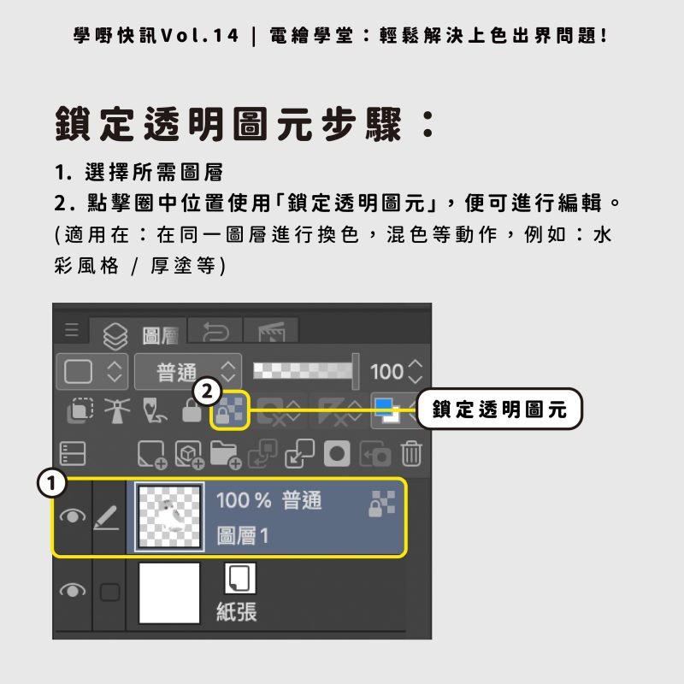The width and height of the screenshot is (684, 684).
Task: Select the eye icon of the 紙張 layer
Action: (x=74, y=591)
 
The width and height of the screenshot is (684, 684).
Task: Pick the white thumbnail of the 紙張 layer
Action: (x=169, y=593)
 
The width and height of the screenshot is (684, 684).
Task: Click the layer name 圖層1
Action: (x=243, y=536)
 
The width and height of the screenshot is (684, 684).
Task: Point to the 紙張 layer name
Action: (x=237, y=611)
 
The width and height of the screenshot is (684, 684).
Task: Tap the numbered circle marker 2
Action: (x=205, y=392)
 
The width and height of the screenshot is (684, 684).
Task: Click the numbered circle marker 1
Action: (x=53, y=484)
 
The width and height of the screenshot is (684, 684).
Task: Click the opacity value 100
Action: (x=386, y=372)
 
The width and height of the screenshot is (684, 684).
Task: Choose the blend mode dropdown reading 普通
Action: (x=188, y=372)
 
